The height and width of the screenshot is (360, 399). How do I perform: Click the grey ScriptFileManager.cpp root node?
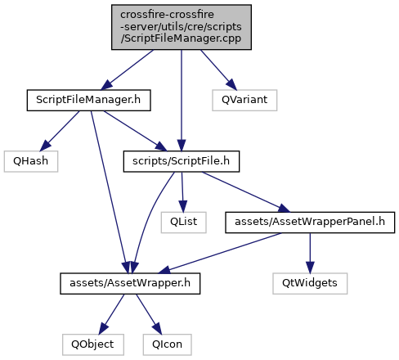(x=182, y=27)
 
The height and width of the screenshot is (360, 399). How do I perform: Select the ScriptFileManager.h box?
(x=88, y=100)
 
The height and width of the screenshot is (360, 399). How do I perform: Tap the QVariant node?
(x=244, y=100)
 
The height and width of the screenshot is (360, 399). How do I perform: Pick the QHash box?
(x=31, y=161)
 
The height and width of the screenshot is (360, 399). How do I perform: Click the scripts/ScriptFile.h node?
(x=182, y=161)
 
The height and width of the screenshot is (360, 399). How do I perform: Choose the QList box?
(x=183, y=223)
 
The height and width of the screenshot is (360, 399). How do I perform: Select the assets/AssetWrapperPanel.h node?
(x=310, y=223)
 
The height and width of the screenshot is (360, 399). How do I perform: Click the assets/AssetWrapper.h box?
(x=130, y=283)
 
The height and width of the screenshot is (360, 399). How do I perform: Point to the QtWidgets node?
(x=310, y=283)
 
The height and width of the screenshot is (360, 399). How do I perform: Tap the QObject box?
(x=93, y=344)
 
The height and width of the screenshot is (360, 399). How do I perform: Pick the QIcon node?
(x=167, y=344)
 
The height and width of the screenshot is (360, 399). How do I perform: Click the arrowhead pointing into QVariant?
(x=232, y=84)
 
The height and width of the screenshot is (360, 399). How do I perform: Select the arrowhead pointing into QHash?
(x=46, y=146)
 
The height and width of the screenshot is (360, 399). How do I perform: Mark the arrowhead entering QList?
(x=183, y=206)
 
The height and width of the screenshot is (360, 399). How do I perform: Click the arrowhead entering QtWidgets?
(x=310, y=268)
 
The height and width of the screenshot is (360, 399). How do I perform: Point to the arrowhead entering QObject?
(x=103, y=329)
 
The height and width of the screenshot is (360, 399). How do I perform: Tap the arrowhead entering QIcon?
(x=157, y=329)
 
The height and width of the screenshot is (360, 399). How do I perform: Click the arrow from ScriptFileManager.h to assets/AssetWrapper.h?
(x=109, y=192)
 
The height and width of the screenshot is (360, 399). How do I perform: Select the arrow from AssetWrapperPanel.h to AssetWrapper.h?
(x=220, y=253)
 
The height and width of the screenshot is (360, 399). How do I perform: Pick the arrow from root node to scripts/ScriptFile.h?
(x=182, y=101)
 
